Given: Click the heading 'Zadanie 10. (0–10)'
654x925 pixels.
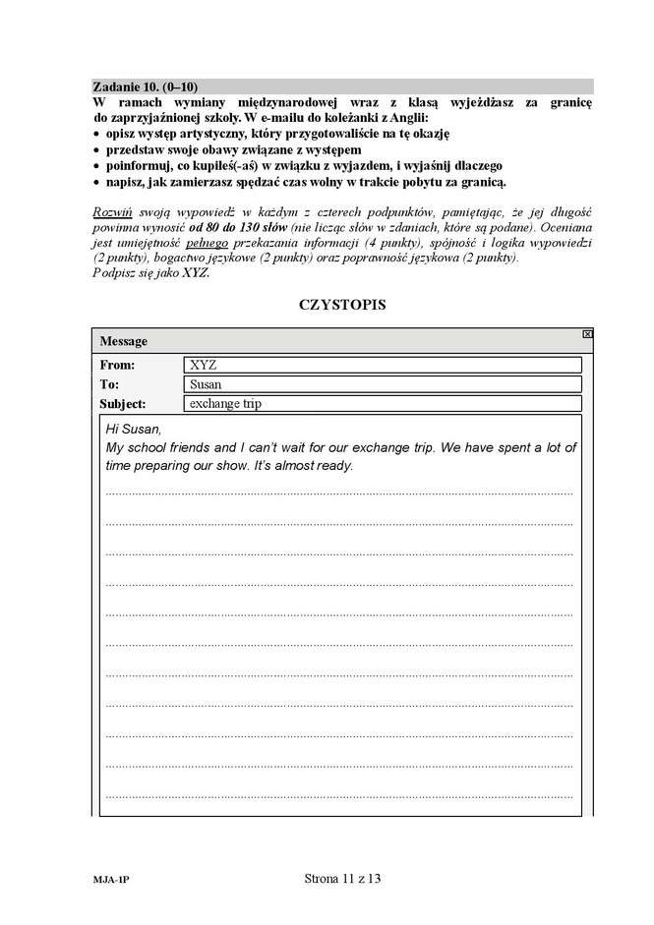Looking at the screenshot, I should coord(145,87).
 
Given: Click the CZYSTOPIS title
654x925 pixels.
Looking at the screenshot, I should coord(341,304).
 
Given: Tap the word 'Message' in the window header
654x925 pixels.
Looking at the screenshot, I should coord(123,341).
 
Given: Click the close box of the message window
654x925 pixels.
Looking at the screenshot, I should coord(587,334).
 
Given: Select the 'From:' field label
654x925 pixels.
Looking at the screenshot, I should coord(117,365).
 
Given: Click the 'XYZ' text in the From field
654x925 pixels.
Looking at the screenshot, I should coord(203,365).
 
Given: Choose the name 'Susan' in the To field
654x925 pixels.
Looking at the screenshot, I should coord(206,384).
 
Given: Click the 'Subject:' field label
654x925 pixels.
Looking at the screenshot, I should coord(123,404).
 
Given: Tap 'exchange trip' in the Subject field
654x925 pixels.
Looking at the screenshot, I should coord(225,404).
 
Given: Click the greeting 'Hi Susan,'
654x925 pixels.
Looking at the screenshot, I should coord(132,430).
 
